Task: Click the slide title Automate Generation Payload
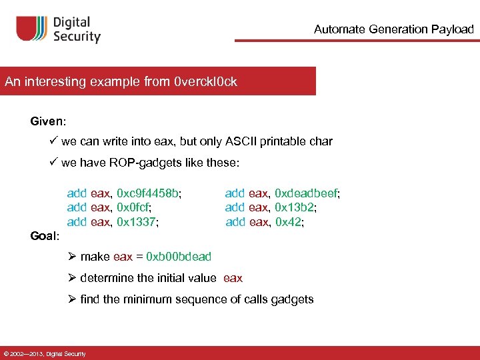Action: coord(393,29)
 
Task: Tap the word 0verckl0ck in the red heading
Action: coord(205,82)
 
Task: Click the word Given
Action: coord(47,121)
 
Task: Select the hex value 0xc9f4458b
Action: coord(148,193)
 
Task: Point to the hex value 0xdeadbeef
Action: coord(307,193)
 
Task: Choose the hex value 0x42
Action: coord(289,221)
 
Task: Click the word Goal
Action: coord(44,236)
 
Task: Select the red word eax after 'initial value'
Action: coord(233,278)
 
